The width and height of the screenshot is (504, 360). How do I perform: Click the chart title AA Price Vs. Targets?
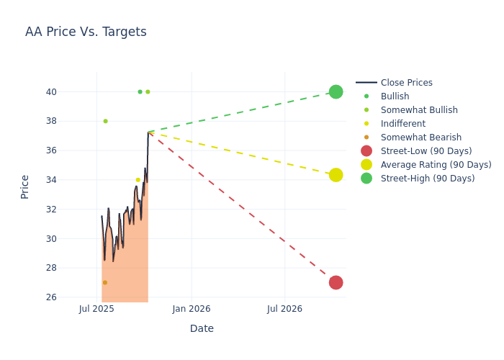(x=86, y=32)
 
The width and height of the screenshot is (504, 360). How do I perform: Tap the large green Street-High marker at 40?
(x=336, y=92)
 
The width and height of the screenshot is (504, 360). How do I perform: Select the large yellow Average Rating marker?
(x=336, y=175)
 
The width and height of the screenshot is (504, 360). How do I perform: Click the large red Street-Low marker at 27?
(x=336, y=282)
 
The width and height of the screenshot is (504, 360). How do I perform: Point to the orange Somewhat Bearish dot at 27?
(x=104, y=283)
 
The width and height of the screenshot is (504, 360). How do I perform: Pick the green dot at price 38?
(x=105, y=121)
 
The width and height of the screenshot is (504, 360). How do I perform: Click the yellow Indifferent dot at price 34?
(x=138, y=180)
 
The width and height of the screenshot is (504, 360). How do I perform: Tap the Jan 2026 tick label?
(x=192, y=309)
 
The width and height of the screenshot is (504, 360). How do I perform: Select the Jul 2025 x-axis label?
(x=96, y=309)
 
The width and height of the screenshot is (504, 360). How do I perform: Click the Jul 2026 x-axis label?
(x=284, y=309)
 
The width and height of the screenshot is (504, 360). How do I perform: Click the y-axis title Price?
(x=25, y=186)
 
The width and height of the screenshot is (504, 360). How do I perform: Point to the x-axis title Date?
(x=202, y=328)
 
